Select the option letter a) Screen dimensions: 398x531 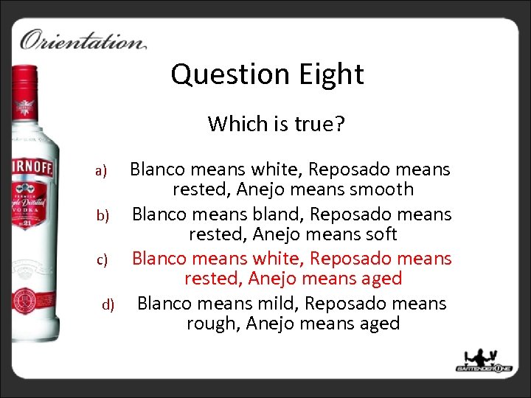click(x=102, y=172)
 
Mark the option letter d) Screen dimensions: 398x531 click(x=108, y=304)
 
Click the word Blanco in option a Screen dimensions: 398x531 click(x=161, y=170)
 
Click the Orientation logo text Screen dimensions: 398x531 click(x=83, y=40)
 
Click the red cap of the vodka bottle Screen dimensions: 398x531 click(x=27, y=88)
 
